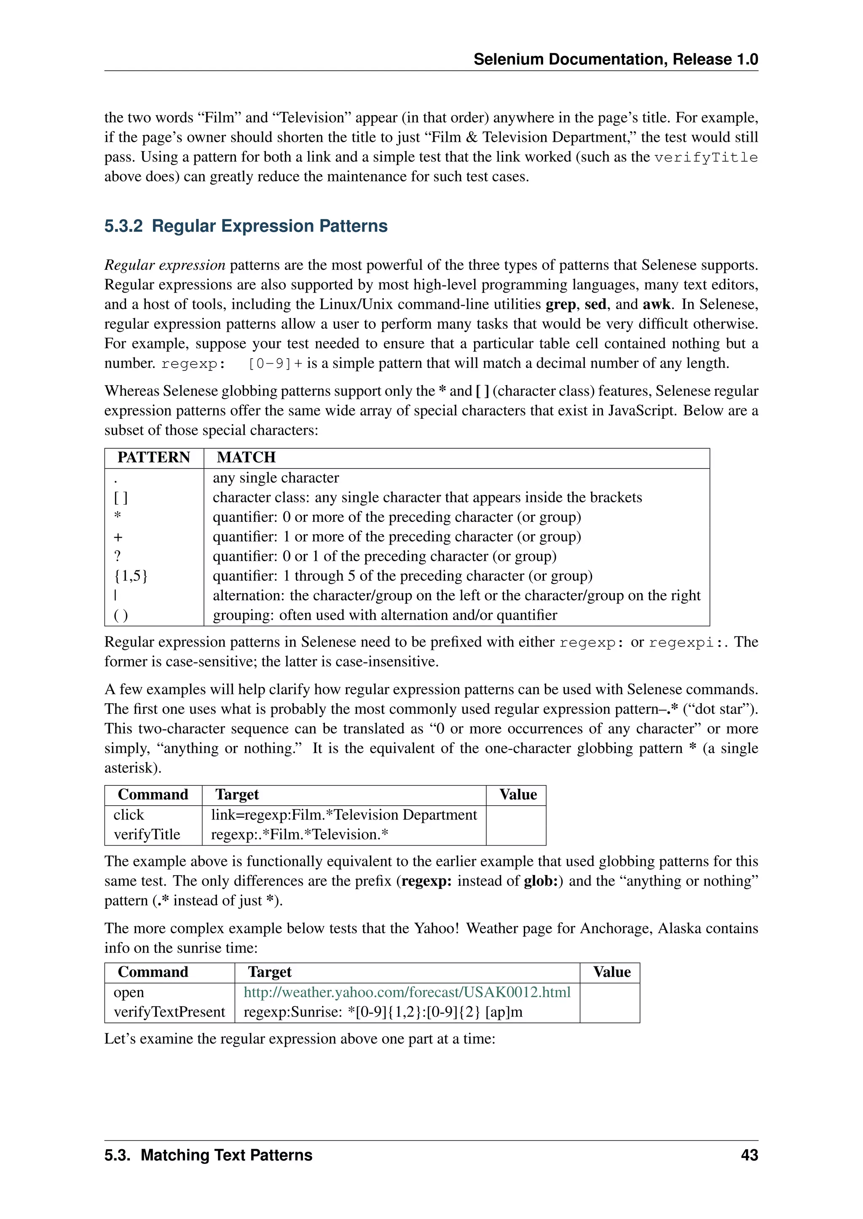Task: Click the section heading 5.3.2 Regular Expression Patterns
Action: (x=246, y=226)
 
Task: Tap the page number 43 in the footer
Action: (x=749, y=1155)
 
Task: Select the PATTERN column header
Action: (x=153, y=458)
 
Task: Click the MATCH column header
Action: (x=246, y=458)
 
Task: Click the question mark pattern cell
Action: (x=118, y=556)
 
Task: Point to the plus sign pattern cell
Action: (x=118, y=537)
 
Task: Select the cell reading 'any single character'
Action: (x=276, y=478)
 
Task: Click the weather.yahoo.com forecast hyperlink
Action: (x=407, y=992)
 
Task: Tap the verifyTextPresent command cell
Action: (x=169, y=1012)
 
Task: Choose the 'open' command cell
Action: (x=129, y=992)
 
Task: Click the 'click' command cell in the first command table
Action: (x=129, y=815)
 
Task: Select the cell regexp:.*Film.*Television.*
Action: (x=300, y=835)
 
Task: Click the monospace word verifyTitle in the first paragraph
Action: (x=706, y=158)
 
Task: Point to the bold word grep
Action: (x=560, y=305)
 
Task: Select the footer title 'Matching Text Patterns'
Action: (x=226, y=1155)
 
